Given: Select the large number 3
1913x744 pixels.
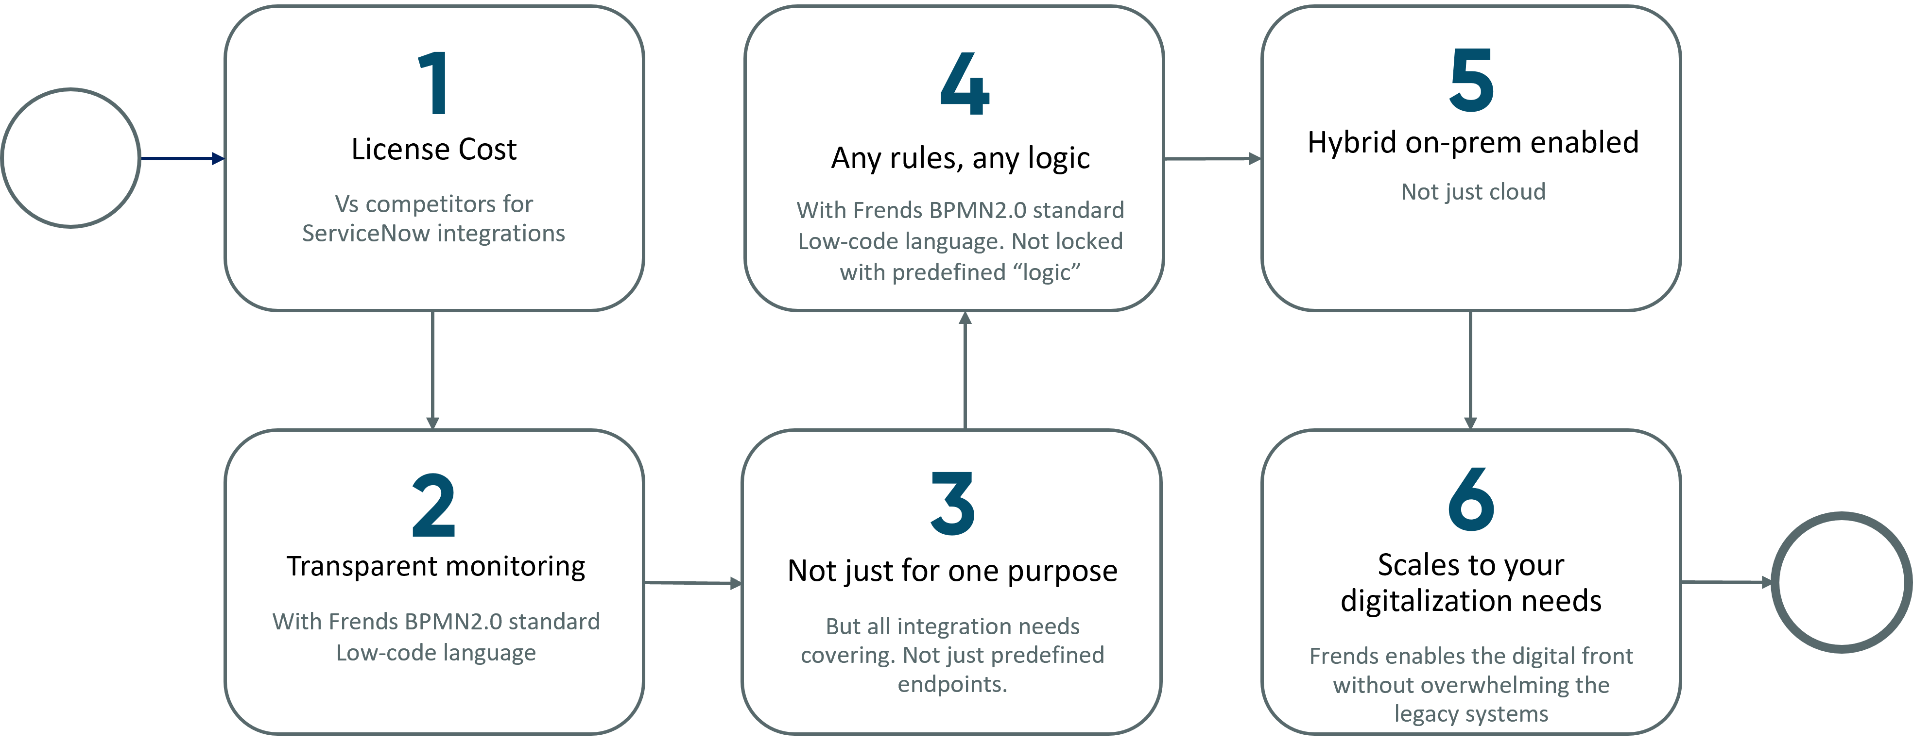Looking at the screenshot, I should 953,504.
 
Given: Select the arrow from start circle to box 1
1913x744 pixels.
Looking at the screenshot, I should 182,158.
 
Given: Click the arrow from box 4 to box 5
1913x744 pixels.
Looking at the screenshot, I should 1212,158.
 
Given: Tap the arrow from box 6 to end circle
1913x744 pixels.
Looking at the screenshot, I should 1726,583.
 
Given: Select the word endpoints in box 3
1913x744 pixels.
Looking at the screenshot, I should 951,684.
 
